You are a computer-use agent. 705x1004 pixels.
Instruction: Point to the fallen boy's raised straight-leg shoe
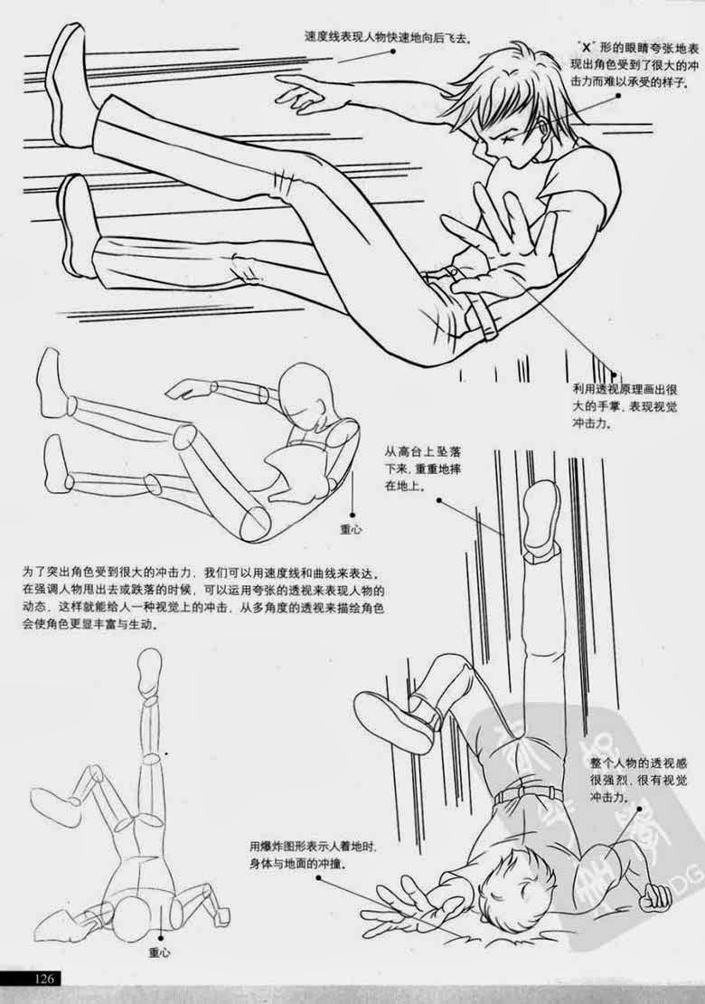point(540,516)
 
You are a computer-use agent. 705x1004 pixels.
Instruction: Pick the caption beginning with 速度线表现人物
point(390,37)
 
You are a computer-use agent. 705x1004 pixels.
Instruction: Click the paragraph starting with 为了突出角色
point(203,599)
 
